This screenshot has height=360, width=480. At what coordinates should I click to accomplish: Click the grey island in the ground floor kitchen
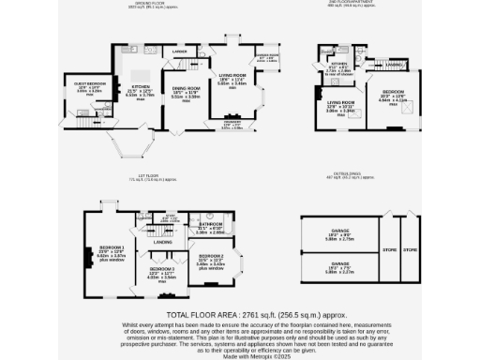[x=142, y=75]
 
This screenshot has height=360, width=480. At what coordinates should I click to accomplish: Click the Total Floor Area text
[x=239, y=314]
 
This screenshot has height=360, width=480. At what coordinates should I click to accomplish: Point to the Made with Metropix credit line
[x=239, y=354]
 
